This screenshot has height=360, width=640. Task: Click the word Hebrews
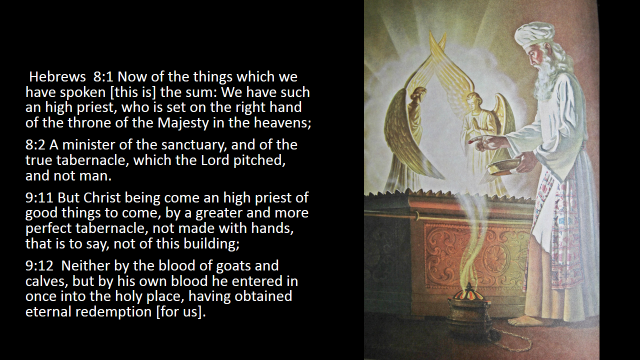(x=58, y=77)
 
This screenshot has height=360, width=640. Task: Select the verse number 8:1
(x=104, y=77)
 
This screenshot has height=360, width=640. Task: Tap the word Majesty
(x=183, y=123)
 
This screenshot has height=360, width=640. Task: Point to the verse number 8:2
(x=35, y=145)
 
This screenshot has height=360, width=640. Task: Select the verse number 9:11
(x=40, y=198)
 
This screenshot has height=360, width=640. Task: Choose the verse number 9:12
(x=40, y=266)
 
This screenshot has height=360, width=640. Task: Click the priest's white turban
(x=534, y=34)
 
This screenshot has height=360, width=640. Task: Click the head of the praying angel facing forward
(x=473, y=99)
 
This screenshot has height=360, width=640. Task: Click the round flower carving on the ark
(x=496, y=260)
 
